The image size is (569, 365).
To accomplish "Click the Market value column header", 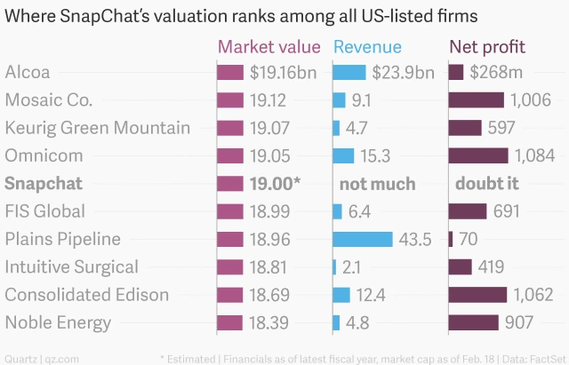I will point(270,47).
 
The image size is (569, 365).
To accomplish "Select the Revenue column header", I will point(367,47).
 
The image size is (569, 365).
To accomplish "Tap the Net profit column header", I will point(486,47).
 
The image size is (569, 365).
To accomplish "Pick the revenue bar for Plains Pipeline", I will point(362,239).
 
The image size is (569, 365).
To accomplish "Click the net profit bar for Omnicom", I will point(478,155).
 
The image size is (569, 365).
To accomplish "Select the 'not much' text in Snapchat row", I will point(378,184).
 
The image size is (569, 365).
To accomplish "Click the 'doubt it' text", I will point(486,184).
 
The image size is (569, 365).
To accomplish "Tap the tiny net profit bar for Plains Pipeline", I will point(451,239).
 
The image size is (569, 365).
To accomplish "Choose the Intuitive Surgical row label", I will point(71,266).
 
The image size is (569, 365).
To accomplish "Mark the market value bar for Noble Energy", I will point(230,322).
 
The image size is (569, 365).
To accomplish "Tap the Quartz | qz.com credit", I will point(37,357).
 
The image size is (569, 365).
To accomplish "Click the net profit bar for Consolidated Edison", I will point(477,295).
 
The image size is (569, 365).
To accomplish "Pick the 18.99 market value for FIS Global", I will point(271,211).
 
